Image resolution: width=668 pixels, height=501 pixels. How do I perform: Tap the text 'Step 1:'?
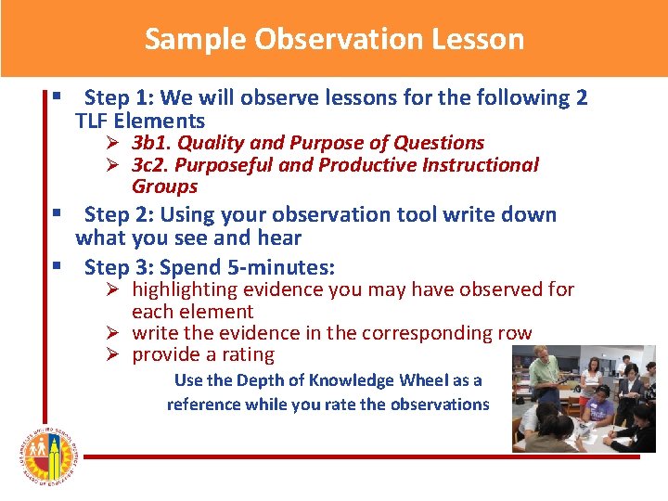[x=118, y=98]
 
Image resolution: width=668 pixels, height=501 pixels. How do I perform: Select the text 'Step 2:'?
[x=118, y=215]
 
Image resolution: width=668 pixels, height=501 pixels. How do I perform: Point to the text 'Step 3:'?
[x=118, y=268]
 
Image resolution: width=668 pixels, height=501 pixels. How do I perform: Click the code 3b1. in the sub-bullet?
[x=151, y=143]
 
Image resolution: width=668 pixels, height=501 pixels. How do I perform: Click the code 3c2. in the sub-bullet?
[x=151, y=165]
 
